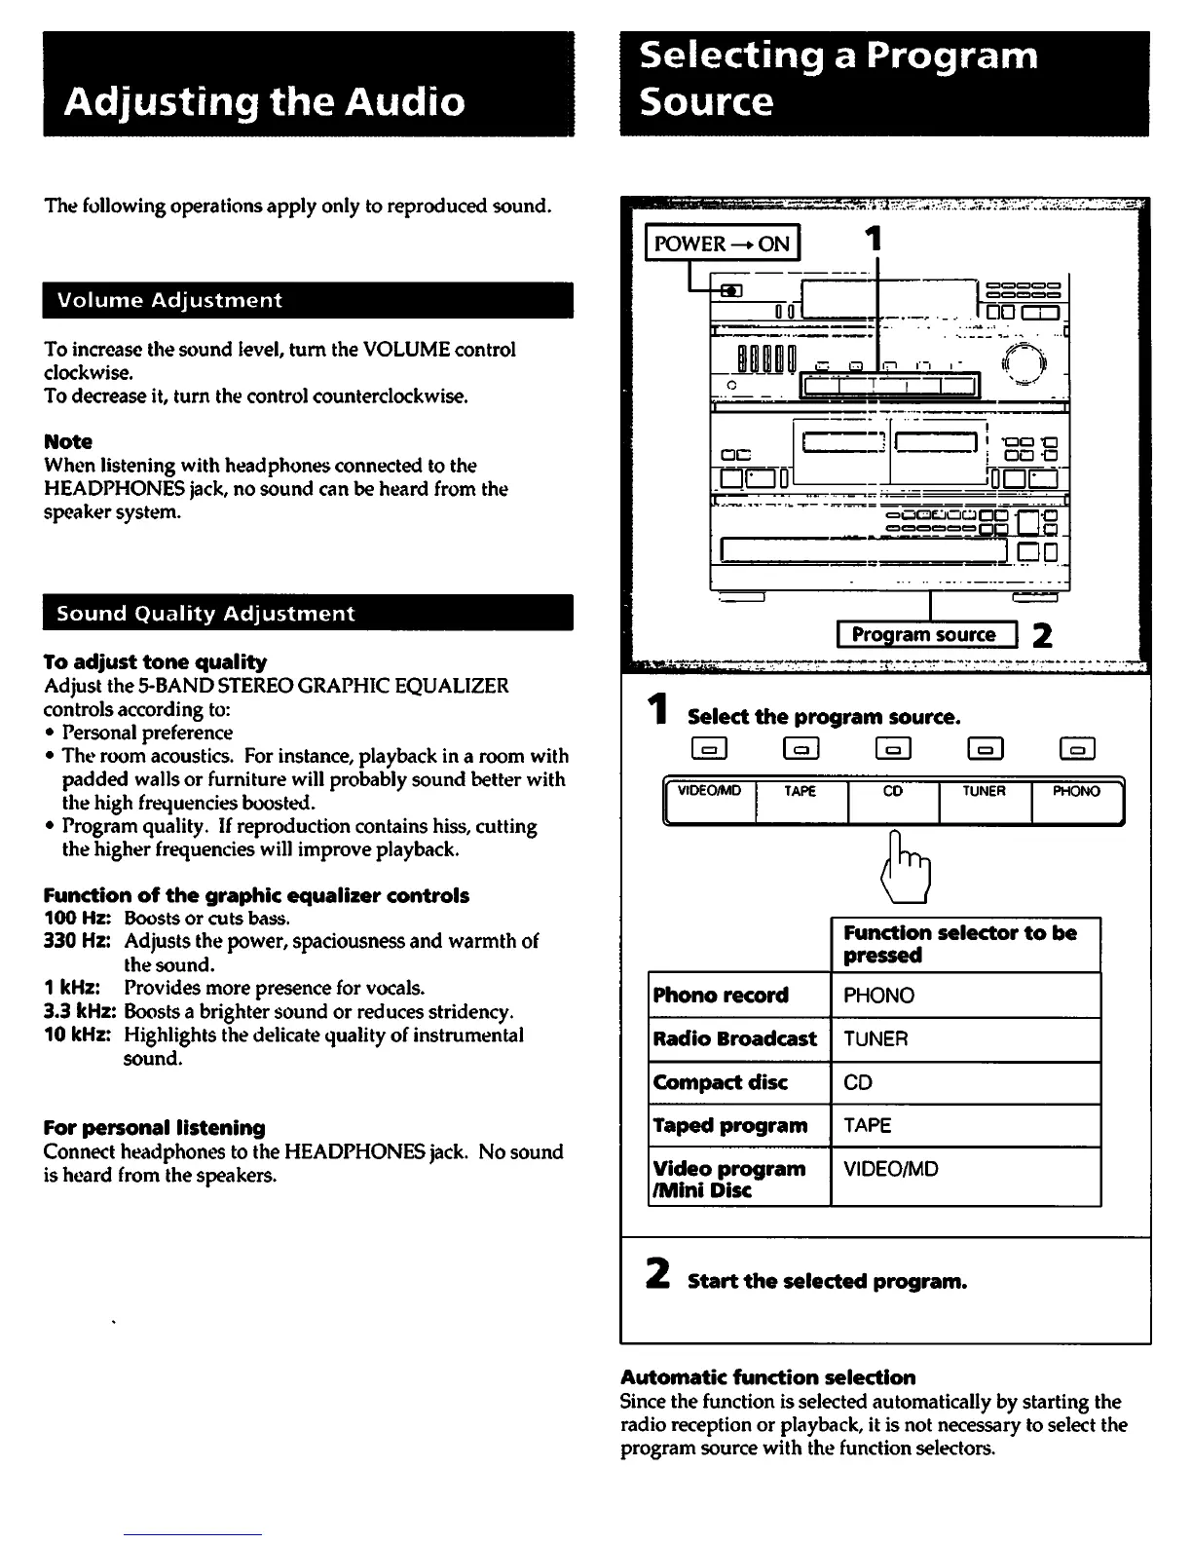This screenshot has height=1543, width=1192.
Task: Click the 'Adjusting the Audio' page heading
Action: point(265,102)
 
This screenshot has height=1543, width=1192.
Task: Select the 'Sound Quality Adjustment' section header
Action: point(205,614)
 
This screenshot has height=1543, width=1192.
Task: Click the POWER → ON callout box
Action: point(722,244)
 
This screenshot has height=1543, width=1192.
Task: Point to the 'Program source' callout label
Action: point(925,635)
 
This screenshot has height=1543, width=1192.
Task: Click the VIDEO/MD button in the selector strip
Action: point(710,801)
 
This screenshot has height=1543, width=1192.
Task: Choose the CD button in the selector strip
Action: point(893,801)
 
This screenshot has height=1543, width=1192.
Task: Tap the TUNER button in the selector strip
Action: point(984,801)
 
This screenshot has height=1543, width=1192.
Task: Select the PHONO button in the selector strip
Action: point(1076,801)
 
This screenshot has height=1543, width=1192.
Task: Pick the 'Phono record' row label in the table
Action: point(721,996)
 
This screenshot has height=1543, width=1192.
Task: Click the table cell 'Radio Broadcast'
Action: point(735,1038)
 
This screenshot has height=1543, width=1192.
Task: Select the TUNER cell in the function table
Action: point(875,1039)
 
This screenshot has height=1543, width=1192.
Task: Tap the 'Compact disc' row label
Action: point(721,1082)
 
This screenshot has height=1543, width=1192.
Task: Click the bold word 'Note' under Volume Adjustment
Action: point(68,441)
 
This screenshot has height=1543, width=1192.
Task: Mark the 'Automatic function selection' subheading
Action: point(768,1377)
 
